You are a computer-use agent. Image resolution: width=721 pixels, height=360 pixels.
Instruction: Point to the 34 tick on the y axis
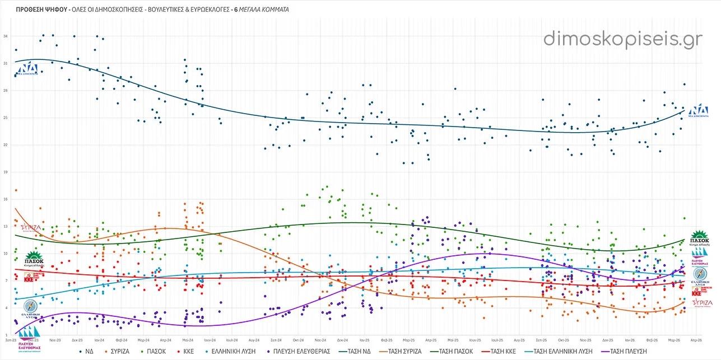(5, 36)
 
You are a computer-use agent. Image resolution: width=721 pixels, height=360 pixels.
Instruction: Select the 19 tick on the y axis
(5, 172)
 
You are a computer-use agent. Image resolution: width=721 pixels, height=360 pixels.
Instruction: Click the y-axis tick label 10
(5, 254)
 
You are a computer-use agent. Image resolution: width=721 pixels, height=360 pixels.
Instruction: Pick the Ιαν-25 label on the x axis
(364, 340)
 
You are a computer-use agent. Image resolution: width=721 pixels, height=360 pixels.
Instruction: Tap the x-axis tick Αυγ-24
(253, 340)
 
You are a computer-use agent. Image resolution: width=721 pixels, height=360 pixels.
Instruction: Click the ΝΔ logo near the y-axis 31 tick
(27, 69)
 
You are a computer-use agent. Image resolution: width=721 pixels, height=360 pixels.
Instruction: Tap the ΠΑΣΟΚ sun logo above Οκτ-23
(34, 260)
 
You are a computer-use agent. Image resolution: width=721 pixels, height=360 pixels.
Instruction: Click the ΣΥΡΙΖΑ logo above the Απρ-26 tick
(702, 303)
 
